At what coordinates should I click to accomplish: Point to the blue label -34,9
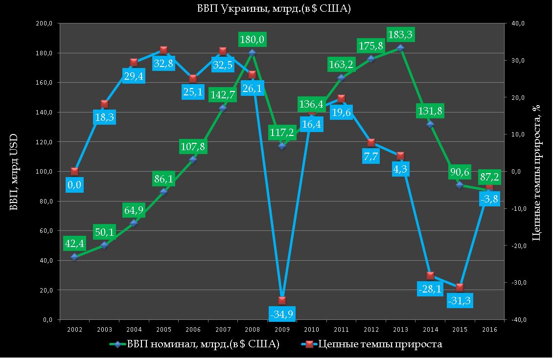(282, 313)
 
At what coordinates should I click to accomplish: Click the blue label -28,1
(430, 289)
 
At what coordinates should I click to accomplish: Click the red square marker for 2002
(74, 171)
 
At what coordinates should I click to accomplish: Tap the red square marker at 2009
(282, 300)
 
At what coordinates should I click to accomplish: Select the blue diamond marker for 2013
(400, 48)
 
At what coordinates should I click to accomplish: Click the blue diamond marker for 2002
(74, 256)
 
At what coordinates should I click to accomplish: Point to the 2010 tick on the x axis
(311, 330)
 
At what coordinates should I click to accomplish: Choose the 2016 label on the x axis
(489, 330)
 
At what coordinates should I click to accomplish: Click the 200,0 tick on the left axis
(45, 23)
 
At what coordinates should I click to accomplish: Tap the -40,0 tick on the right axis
(518, 320)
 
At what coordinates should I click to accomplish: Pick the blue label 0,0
(75, 184)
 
